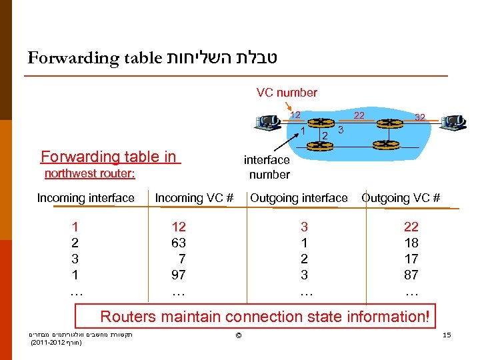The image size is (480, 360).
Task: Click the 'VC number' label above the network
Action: pos(287,93)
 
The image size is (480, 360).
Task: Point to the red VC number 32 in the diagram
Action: pos(421,117)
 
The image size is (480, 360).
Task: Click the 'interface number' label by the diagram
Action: pos(267,167)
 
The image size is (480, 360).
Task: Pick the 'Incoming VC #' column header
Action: pos(194,198)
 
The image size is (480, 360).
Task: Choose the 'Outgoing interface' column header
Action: pos(299,198)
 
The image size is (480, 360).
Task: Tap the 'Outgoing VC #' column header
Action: pos(401,198)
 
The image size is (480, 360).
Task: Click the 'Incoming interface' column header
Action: pos(85,198)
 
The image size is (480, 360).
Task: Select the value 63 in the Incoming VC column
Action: pos(179,243)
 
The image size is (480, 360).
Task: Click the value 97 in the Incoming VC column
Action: pos(179,275)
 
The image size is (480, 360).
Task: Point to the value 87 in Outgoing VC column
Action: pos(411,275)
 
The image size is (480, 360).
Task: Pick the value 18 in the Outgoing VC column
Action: pos(411,243)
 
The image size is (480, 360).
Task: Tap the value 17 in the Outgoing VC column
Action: pos(411,259)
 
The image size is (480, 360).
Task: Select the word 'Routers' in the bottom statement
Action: pos(130,317)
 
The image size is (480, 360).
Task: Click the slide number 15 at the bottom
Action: pos(447,334)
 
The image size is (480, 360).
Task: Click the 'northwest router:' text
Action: pos(89,174)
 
